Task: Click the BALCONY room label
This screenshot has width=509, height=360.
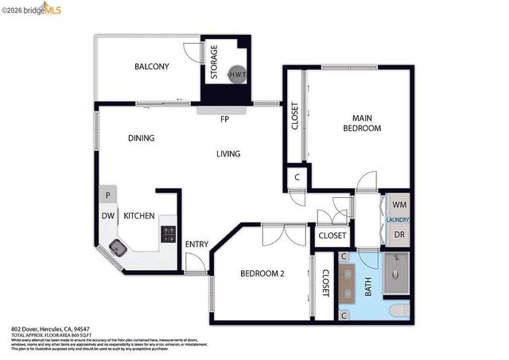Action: pyautogui.click(x=151, y=67)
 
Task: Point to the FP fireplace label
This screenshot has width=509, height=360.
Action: pyautogui.click(x=225, y=120)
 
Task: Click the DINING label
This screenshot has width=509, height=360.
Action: pyautogui.click(x=141, y=138)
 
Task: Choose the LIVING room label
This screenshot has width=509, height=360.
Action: pyautogui.click(x=228, y=154)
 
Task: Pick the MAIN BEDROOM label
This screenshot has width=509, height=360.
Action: pyautogui.click(x=362, y=123)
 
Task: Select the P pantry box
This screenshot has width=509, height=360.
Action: pyautogui.click(x=107, y=195)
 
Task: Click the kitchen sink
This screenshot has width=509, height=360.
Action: pyautogui.click(x=117, y=248)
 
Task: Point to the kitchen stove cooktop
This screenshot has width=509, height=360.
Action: pyautogui.click(x=169, y=233)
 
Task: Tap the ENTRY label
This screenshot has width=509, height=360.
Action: pyautogui.click(x=196, y=244)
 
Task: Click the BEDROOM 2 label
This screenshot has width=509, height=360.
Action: pyautogui.click(x=262, y=274)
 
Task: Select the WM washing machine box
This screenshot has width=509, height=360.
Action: pyautogui.click(x=398, y=205)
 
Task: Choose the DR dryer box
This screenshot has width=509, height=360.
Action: pyautogui.click(x=398, y=235)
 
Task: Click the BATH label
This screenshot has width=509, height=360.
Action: pyautogui.click(x=368, y=286)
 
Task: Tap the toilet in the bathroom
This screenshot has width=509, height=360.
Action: pyautogui.click(x=401, y=310)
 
